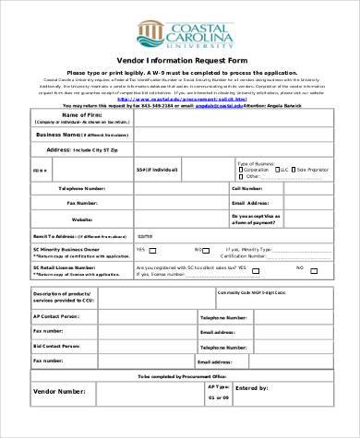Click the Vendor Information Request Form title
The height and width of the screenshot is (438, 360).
(x=179, y=61)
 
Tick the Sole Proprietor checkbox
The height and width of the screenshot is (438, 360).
(x=297, y=171)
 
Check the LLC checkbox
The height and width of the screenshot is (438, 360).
(x=275, y=171)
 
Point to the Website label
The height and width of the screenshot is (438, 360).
(x=82, y=219)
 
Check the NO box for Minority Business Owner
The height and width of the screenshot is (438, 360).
(x=210, y=249)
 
